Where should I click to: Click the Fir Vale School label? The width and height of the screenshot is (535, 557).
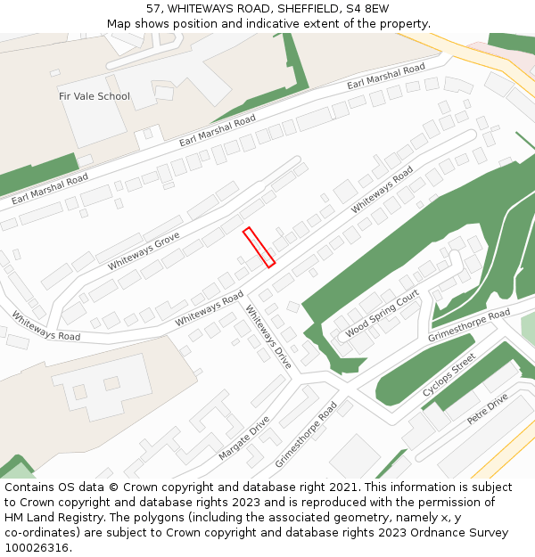(94, 96)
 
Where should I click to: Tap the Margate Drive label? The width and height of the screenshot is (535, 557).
(243, 438)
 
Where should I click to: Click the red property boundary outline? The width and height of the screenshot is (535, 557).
(259, 247)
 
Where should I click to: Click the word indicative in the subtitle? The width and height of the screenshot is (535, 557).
(280, 24)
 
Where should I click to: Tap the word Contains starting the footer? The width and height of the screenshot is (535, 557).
(29, 487)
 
